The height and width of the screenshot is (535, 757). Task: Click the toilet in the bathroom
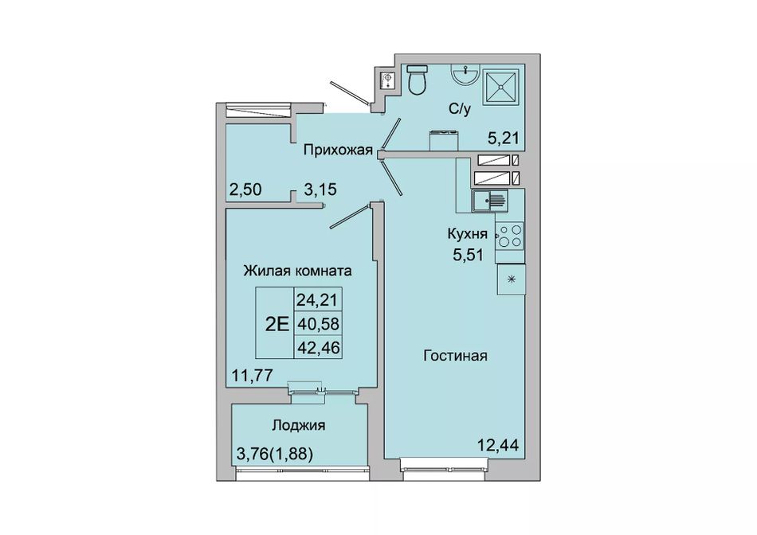point(417,80)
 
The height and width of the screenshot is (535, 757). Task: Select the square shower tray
point(502,87)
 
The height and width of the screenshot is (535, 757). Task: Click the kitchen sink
point(489,200)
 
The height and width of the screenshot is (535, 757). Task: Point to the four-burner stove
point(510,235)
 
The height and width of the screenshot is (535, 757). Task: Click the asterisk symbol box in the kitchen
point(512,279)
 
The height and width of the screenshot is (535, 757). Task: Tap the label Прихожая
point(338,150)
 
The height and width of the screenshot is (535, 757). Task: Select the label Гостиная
point(455,356)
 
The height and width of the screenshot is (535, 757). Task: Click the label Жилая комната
point(297,271)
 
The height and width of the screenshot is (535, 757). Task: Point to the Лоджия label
point(298,425)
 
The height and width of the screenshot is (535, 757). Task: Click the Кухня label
point(467,234)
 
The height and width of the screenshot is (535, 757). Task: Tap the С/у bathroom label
point(459,110)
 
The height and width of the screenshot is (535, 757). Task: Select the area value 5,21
point(503,139)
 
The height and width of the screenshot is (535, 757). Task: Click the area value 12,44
point(498,445)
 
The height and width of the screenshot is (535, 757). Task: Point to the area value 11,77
point(253,374)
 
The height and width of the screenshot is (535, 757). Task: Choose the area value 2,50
point(245,189)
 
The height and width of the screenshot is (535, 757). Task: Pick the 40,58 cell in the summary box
point(318,324)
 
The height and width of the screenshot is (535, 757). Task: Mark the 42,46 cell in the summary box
point(318,347)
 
